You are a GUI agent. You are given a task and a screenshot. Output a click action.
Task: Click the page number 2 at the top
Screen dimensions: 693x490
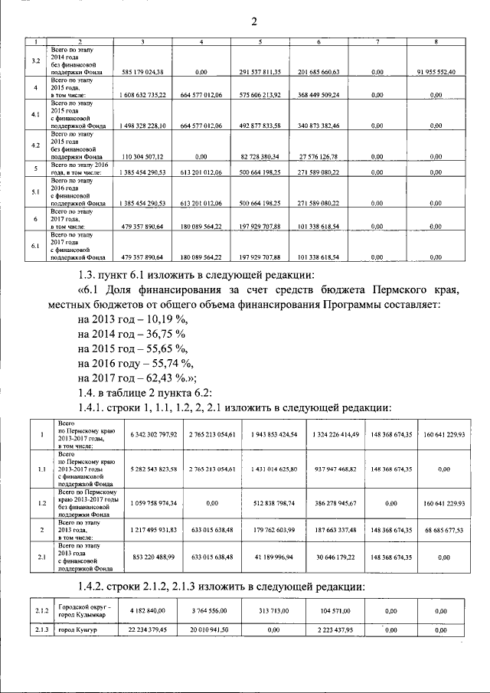click(x=253, y=21)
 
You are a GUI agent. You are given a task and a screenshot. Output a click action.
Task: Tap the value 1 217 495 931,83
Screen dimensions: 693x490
click(x=149, y=529)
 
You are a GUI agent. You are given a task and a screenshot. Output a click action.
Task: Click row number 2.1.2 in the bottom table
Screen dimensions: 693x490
click(x=42, y=610)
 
